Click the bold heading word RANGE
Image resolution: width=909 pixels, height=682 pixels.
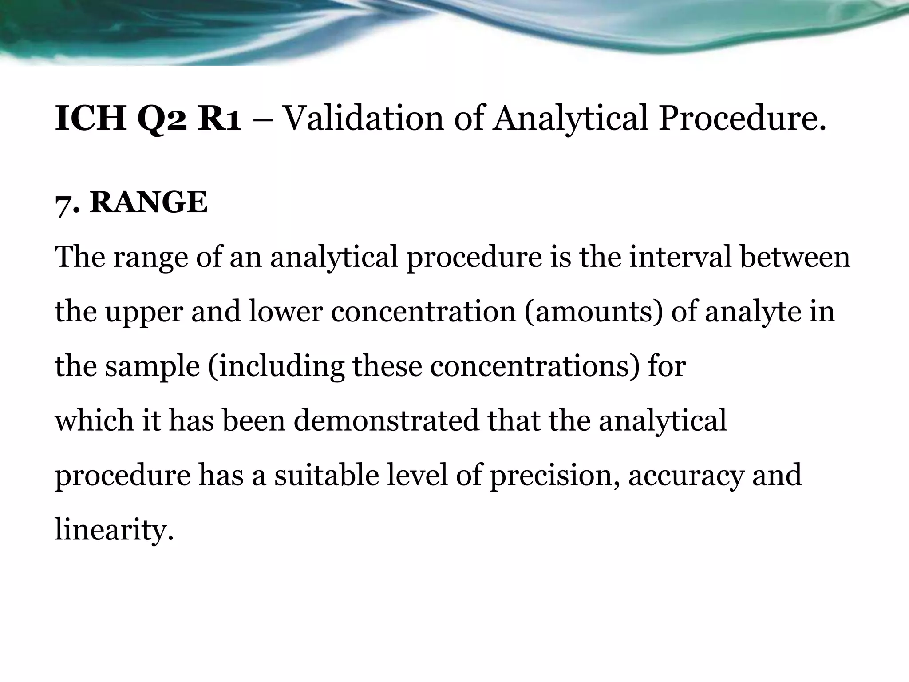tap(149, 202)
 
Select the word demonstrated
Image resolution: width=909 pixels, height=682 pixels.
tap(386, 420)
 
